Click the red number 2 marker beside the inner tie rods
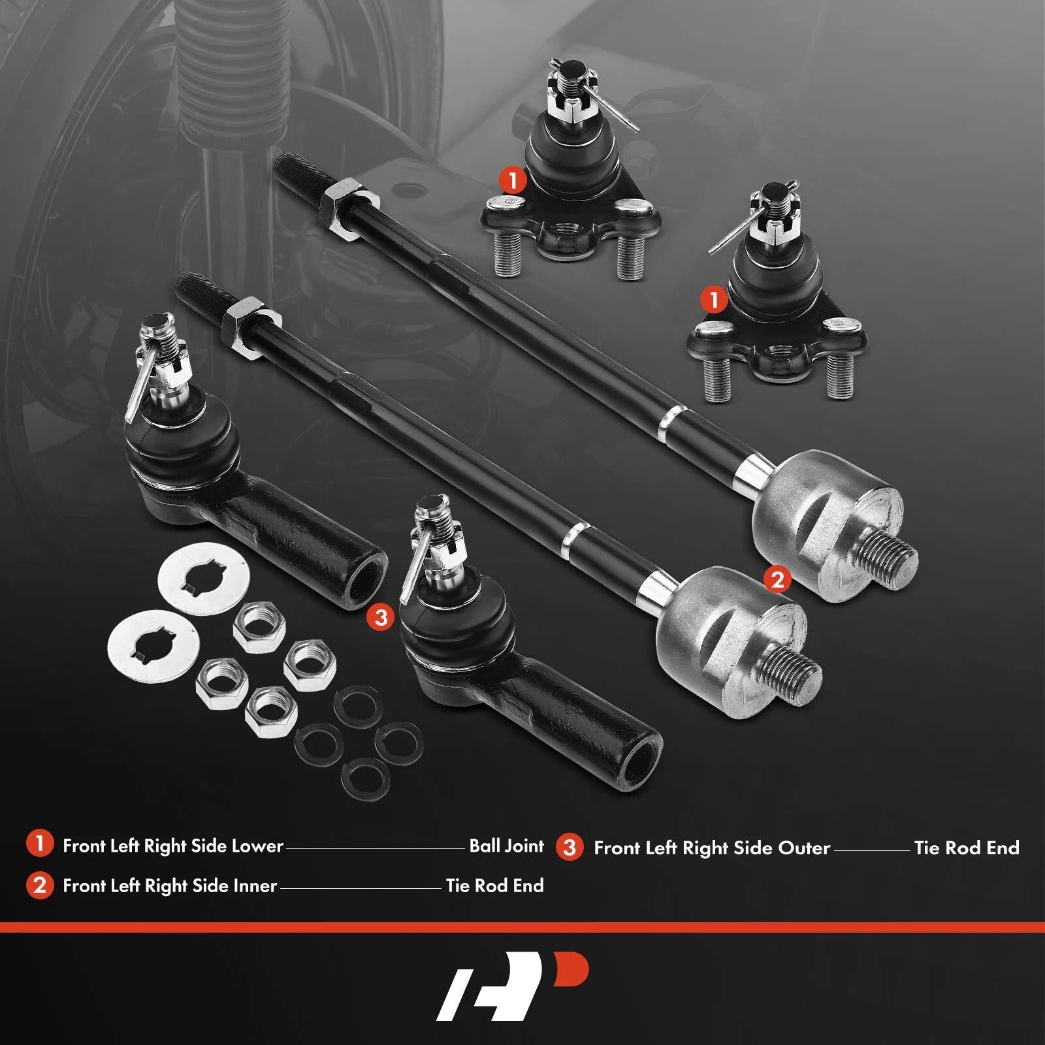[777, 579]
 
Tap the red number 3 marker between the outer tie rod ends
[381, 617]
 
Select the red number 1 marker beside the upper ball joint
[513, 180]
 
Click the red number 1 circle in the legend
[39, 844]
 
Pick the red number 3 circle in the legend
[570, 847]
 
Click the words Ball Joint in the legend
[506, 846]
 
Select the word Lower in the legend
[257, 846]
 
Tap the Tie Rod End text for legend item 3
[967, 848]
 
